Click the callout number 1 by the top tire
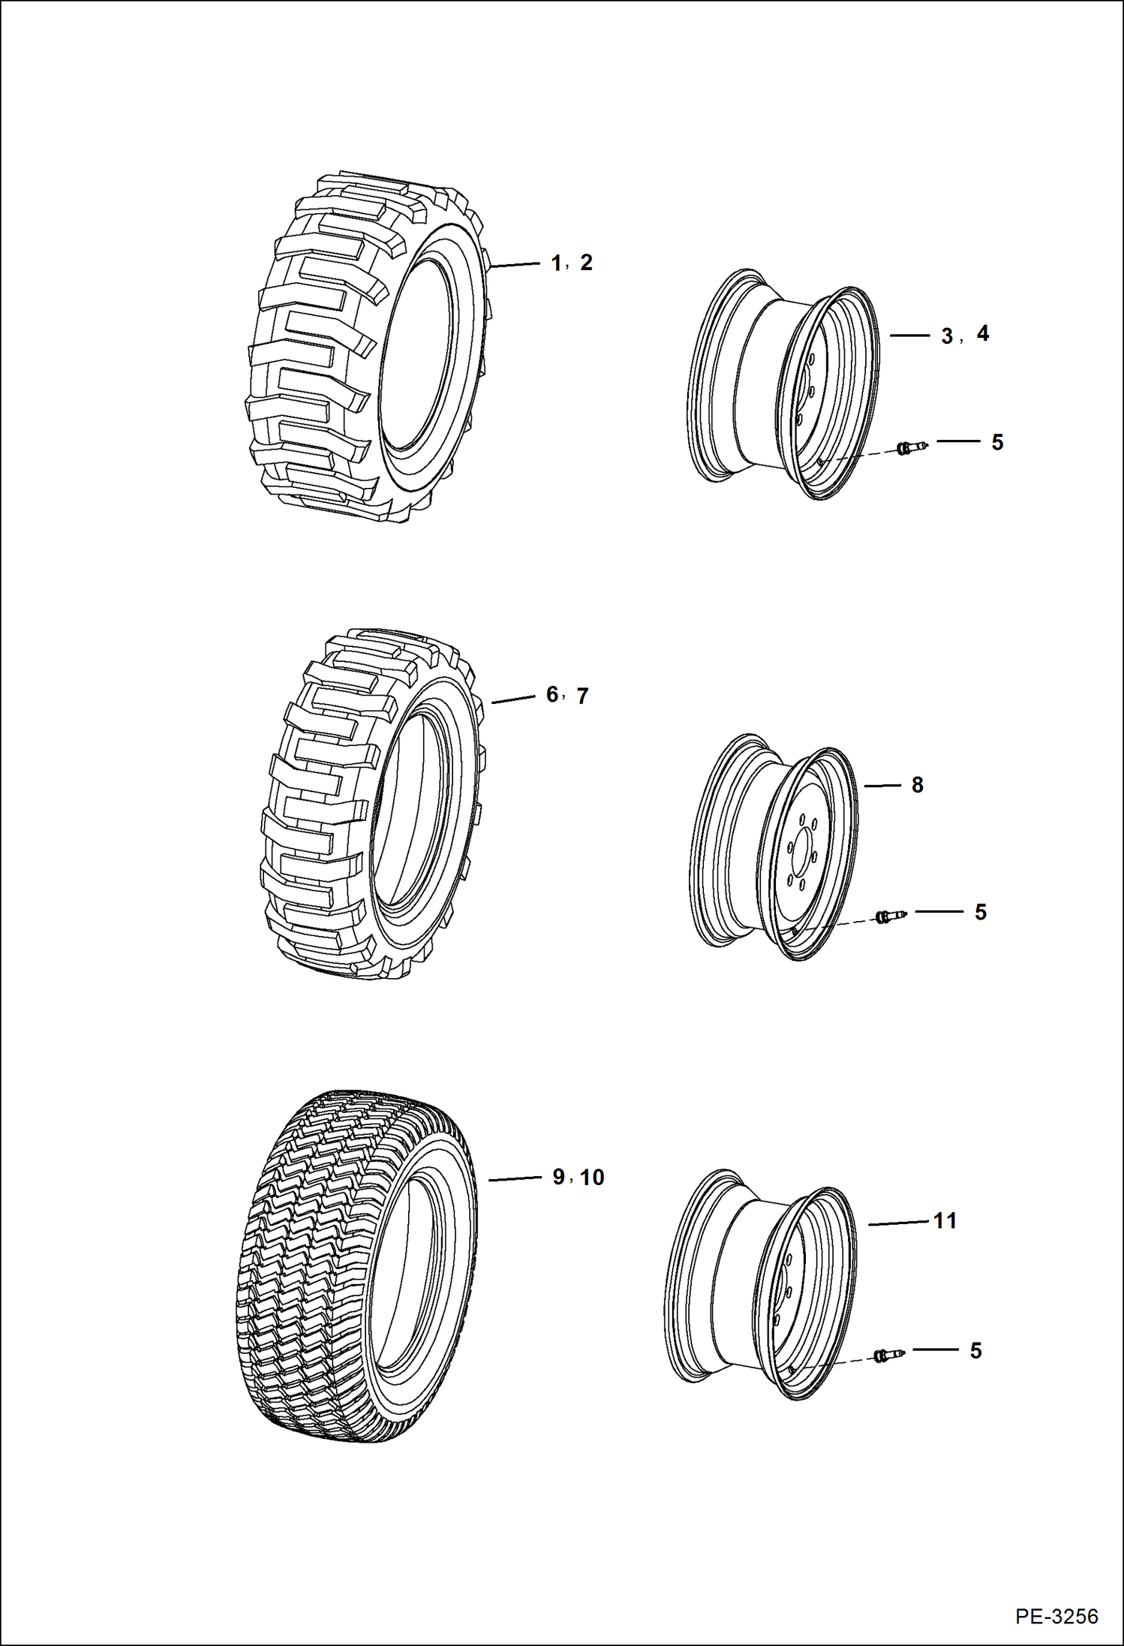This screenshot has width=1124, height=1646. tap(556, 263)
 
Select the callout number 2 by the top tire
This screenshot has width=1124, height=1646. tap(586, 263)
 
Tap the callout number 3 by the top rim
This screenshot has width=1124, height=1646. tap(948, 336)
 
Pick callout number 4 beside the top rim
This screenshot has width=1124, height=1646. tap(983, 333)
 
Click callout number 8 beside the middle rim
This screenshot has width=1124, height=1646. tap(917, 785)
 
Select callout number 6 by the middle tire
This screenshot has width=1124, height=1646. tap(552, 694)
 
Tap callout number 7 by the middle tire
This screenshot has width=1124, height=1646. tap(582, 696)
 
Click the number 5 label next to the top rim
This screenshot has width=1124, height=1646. tap(997, 442)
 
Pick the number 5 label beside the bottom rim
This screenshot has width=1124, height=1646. tap(975, 1351)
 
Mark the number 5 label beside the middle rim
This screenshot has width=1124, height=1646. tap(981, 912)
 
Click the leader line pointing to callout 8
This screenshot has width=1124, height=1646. tap(882, 786)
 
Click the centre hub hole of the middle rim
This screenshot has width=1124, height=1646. tap(805, 855)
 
